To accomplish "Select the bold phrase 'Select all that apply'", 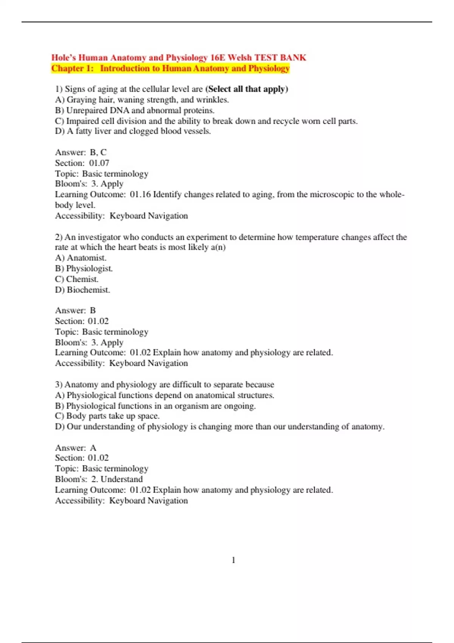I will tap(247, 89).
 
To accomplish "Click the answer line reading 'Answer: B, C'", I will tap(81, 152).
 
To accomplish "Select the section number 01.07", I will tap(99, 163).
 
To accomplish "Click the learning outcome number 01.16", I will tap(140, 194).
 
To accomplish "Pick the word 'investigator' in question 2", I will tap(100, 237).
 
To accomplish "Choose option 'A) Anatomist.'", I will tap(81, 258).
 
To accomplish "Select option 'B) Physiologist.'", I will tap(84, 269).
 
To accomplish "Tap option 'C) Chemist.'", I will tap(77, 279).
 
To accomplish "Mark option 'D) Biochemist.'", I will tap(82, 290).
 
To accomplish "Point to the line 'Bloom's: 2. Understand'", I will tap(99, 479).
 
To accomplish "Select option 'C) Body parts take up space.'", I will tap(107, 416).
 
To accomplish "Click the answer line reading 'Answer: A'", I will tap(76, 448).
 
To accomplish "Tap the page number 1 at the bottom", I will tap(233, 560).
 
